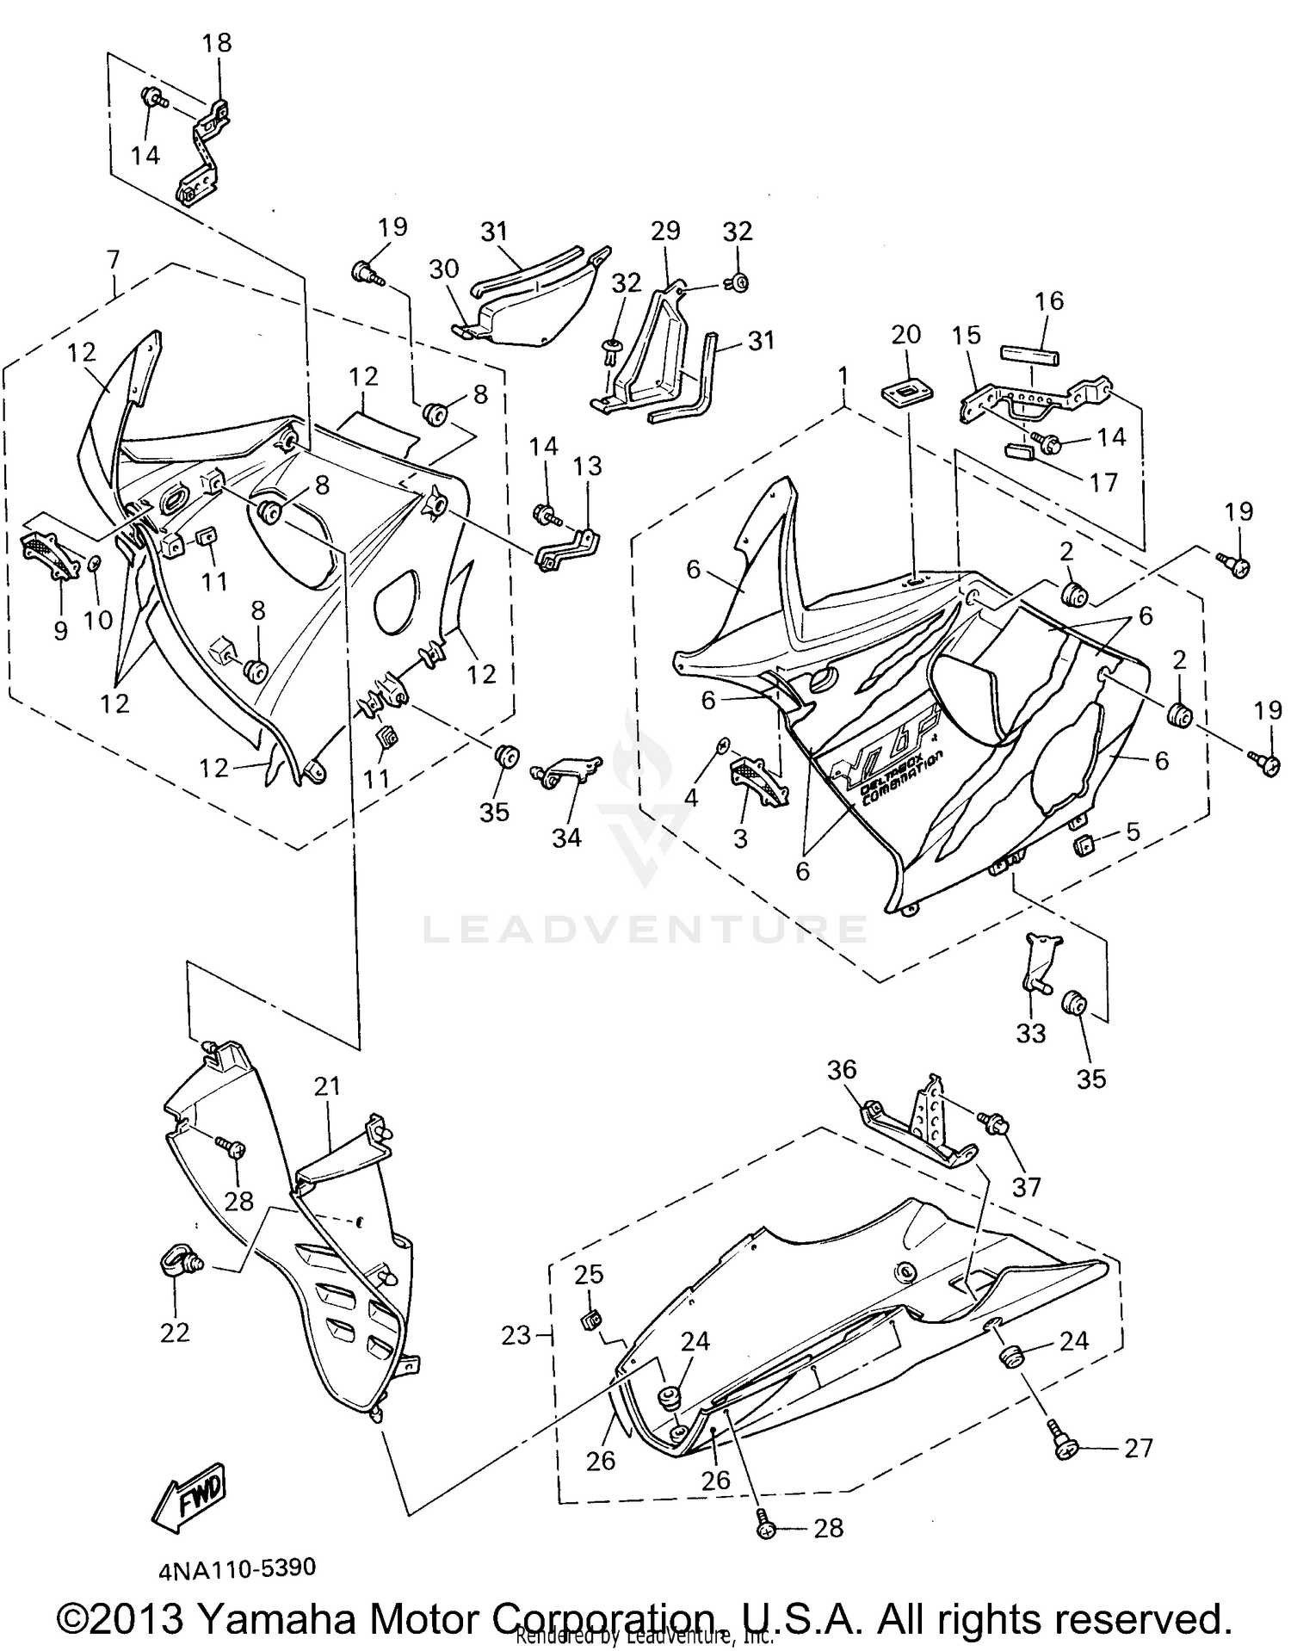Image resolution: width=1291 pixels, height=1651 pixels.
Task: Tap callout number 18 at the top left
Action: pos(217,42)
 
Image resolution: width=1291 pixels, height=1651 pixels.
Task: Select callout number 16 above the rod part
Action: pos(1048,300)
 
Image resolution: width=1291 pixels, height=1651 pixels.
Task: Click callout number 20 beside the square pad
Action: pos(906,334)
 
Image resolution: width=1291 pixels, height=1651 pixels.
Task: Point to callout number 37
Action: pos(1027,1186)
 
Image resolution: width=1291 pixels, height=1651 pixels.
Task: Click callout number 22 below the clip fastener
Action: pos(174,1333)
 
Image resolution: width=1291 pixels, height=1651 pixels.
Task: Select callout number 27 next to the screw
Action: pos(1138,1448)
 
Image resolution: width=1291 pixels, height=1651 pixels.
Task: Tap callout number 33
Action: pos(1030,1032)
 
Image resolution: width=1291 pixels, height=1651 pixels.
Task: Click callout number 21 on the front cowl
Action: pos(327,1086)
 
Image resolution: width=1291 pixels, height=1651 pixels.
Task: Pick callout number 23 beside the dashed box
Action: pos(516,1335)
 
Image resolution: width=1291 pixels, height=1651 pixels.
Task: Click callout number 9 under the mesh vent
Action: pos(60,631)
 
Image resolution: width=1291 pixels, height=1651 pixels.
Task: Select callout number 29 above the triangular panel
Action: pos(665,231)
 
